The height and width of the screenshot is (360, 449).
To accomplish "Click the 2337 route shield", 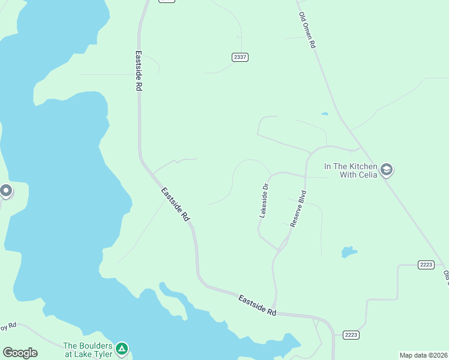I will coord(240,57).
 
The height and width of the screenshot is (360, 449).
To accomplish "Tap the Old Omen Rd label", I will coord(307,31).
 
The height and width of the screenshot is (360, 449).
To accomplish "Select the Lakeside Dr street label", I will coord(264,200).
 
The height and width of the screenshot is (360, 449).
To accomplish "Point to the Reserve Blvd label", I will coord(298,208).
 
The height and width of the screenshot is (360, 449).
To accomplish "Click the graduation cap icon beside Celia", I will coord(387,170).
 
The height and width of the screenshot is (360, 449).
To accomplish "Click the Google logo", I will coord(20,353).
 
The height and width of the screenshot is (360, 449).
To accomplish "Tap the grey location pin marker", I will coord(6,191).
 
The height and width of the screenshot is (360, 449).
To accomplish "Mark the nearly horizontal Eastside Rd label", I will coord(257,305).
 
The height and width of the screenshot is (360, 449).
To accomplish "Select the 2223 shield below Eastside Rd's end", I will coord(351,334).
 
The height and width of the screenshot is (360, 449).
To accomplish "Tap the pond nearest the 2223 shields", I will coord(349,252).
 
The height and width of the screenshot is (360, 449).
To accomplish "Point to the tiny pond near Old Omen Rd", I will coord(325,113).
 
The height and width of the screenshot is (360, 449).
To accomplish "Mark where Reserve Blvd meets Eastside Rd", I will coord(276,310).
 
